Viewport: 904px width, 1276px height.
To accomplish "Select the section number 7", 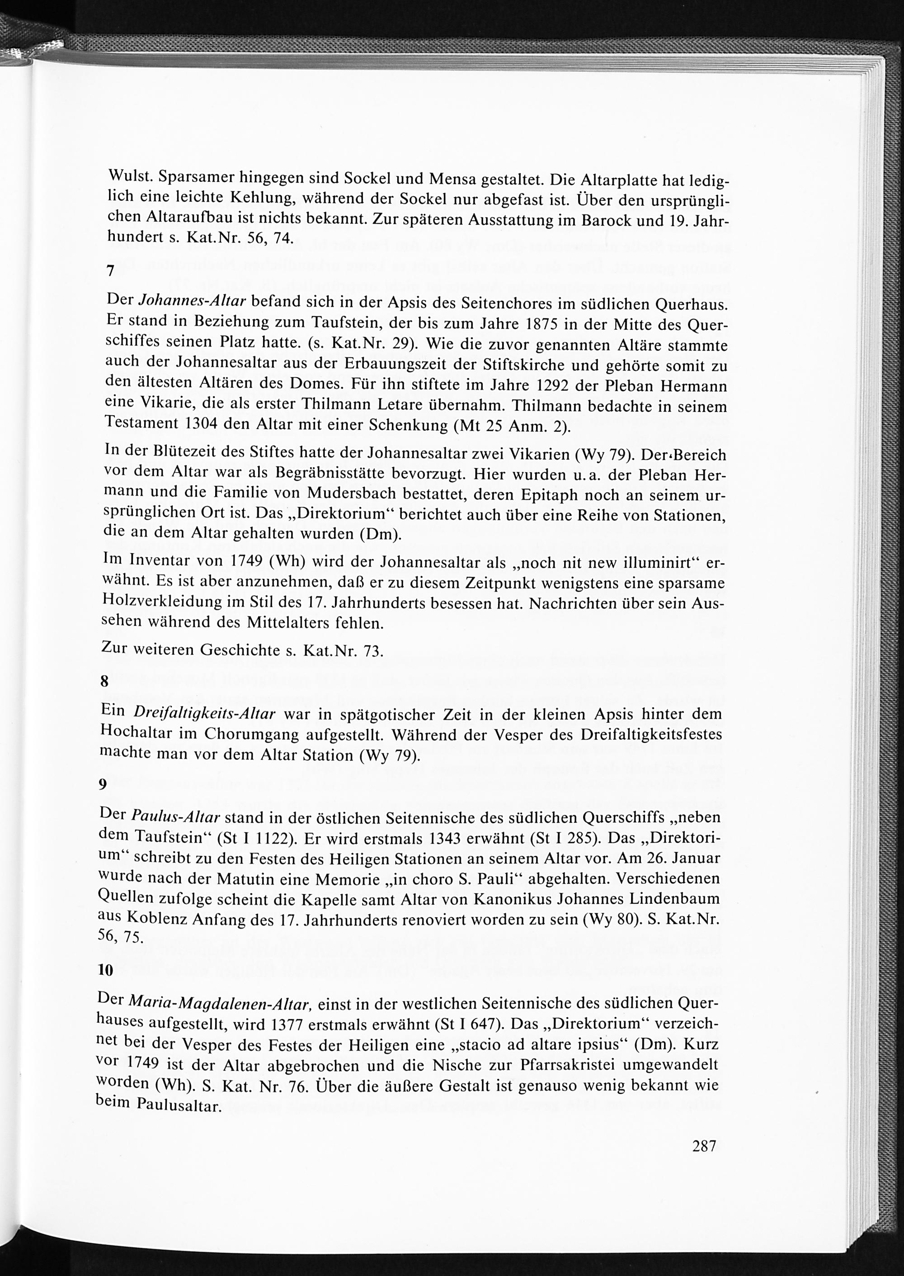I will [x=111, y=272].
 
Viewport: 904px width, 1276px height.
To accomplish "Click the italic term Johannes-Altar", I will [x=192, y=301].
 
